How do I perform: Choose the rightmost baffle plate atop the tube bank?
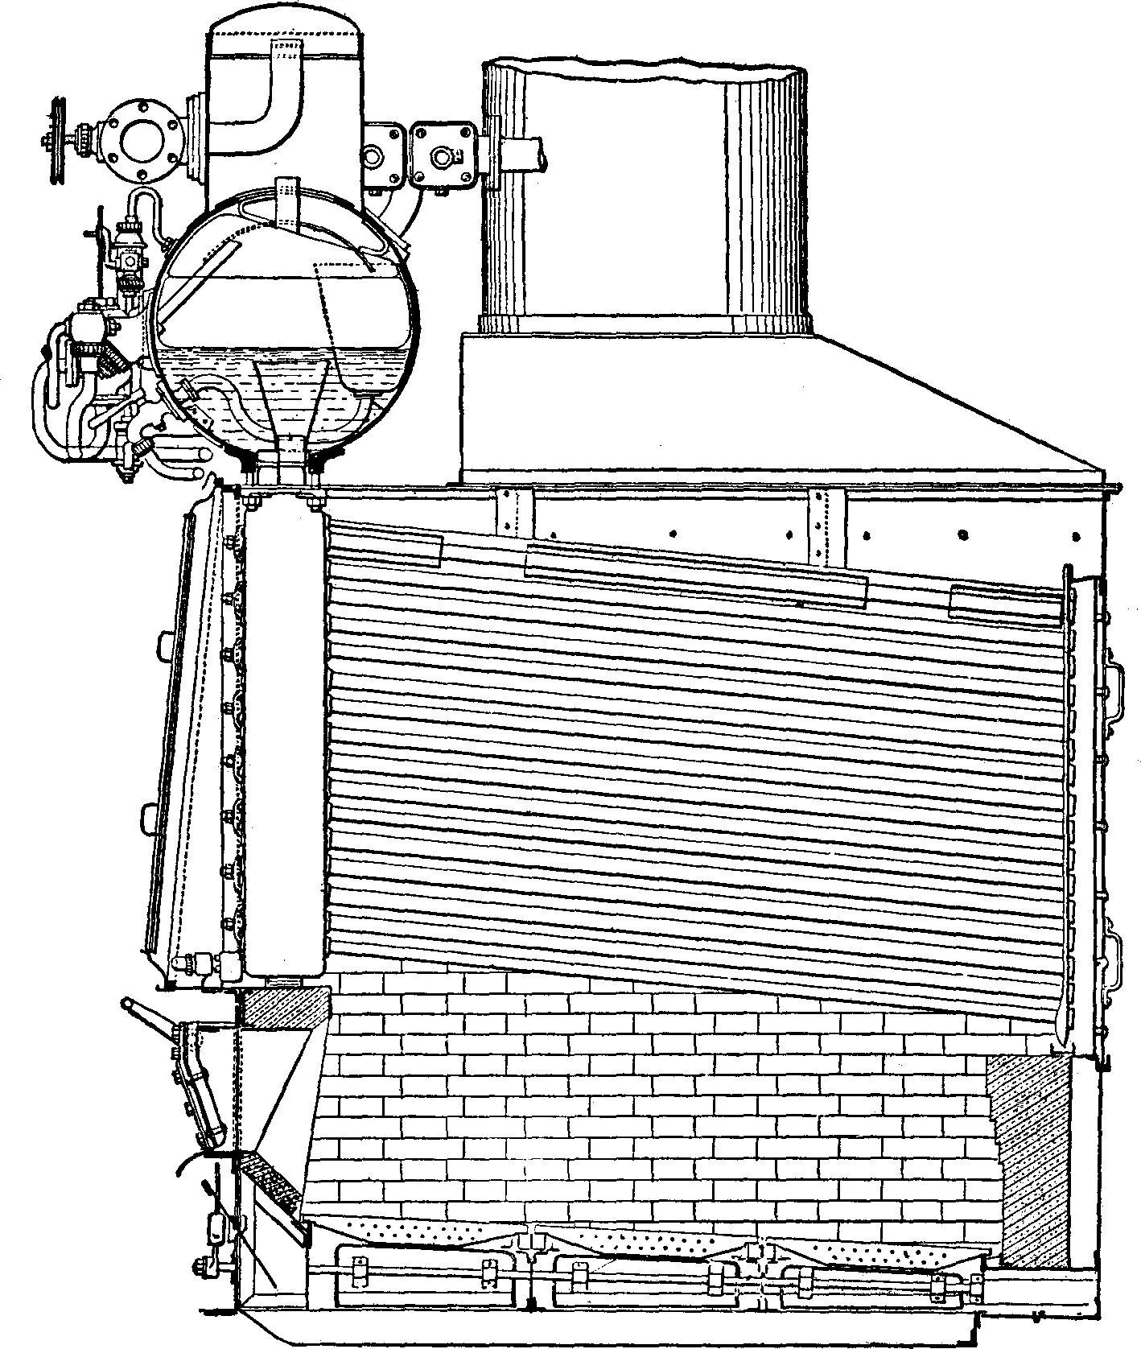click(1006, 605)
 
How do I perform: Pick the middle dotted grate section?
click(644, 1244)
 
